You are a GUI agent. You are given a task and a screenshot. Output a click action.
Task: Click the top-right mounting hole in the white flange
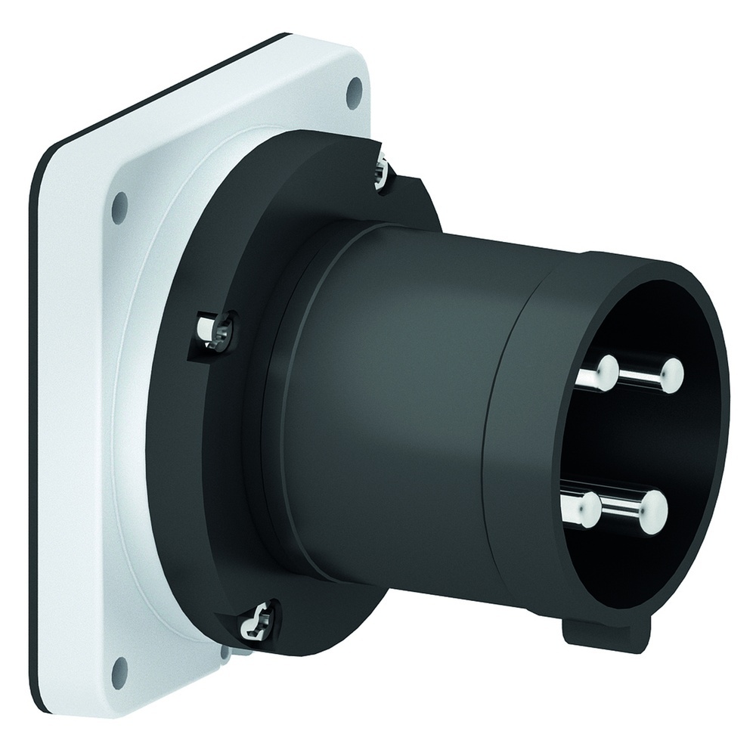[x=352, y=93]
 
